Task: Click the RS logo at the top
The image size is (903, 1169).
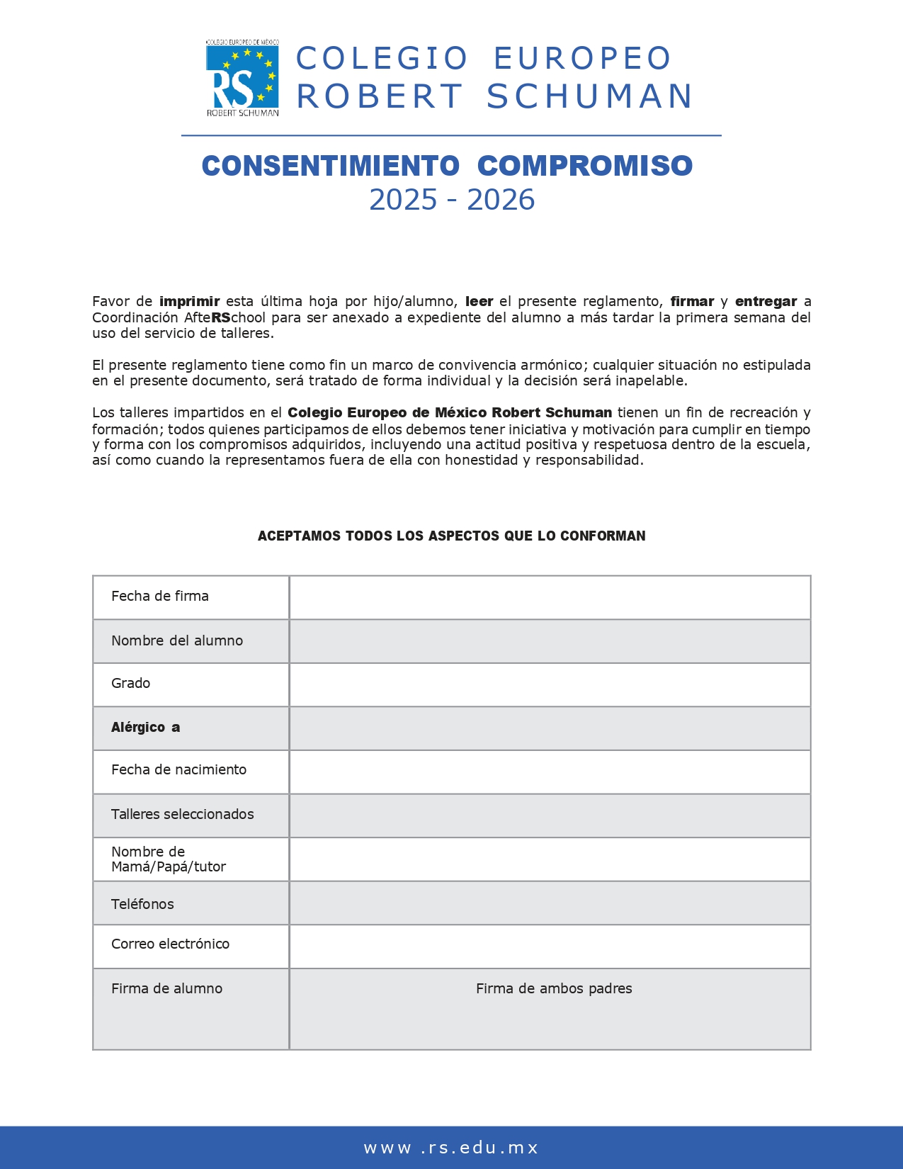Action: pos(242,78)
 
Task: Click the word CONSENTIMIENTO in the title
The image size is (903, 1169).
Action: pos(331,166)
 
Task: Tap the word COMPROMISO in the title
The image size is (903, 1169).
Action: pos(584,166)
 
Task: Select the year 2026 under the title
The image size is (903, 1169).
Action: pos(500,201)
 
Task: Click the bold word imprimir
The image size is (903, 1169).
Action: pos(189,301)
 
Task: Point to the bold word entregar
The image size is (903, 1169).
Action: pos(766,301)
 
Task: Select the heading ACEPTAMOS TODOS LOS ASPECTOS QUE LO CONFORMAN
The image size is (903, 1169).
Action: pos(451,536)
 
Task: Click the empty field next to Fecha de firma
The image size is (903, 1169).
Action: pos(550,597)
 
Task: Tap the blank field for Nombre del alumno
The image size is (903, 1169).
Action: pos(550,641)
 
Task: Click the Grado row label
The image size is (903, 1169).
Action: pos(131,683)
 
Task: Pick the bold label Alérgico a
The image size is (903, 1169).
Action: pos(145,727)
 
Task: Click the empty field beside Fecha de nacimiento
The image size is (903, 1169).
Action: pos(550,772)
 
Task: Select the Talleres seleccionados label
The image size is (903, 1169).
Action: pos(182,814)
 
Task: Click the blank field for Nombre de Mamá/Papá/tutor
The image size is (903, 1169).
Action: pos(550,859)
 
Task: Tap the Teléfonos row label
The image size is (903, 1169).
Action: pos(142,904)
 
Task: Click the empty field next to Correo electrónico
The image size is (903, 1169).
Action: pos(550,946)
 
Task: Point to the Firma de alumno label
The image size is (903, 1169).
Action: pos(166,988)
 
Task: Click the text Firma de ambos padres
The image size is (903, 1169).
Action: pos(554,988)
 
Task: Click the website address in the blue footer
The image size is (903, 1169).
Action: pos(451,1148)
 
